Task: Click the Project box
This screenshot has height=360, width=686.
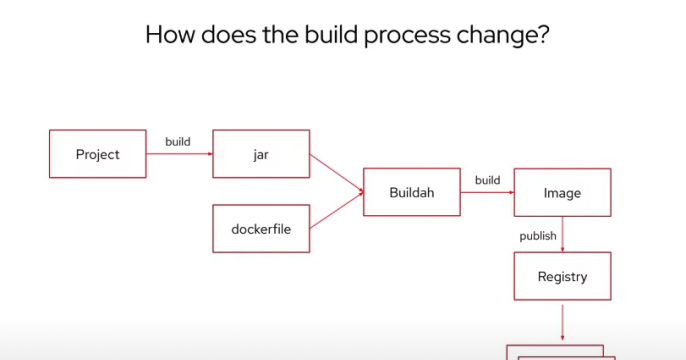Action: (97, 154)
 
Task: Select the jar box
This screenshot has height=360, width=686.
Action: (261, 154)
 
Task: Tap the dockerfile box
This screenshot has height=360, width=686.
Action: (261, 228)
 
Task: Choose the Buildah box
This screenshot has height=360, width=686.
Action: (411, 192)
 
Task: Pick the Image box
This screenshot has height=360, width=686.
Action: (561, 192)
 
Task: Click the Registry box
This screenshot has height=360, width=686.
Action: (561, 276)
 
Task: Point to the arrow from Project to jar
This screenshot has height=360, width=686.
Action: (179, 154)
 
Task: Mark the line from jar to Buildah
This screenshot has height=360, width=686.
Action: (336, 172)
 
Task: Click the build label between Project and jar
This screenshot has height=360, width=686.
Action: (178, 142)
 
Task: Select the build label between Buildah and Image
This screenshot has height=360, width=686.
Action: (487, 180)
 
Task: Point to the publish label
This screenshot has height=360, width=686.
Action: (538, 236)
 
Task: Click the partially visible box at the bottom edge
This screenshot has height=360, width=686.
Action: (560, 353)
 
